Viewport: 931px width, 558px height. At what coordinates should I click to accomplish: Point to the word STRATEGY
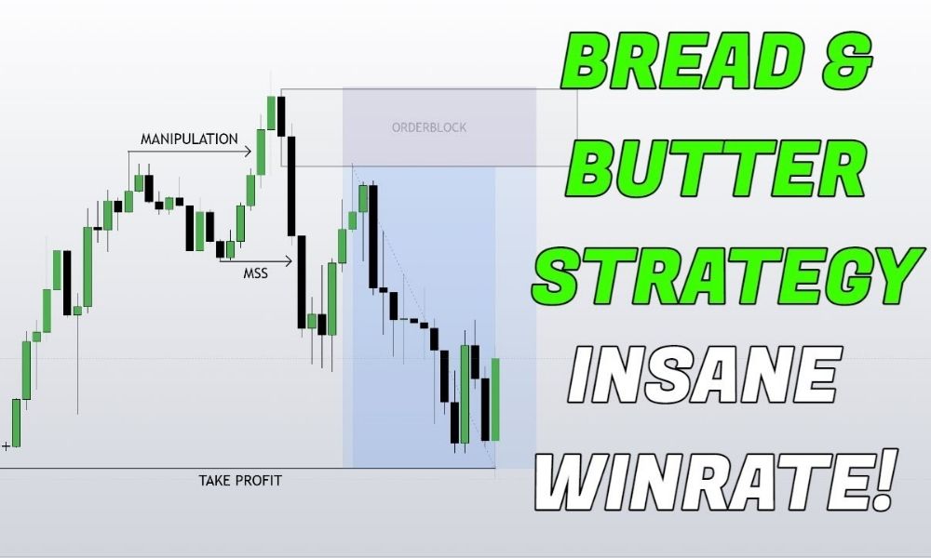pos(728,275)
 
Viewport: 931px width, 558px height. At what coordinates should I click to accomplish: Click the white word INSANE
pos(705,375)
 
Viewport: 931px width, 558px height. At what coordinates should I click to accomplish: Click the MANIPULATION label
pos(189,139)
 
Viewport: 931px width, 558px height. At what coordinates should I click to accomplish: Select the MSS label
pos(255,273)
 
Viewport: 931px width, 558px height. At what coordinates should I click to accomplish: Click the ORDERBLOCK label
pos(429,127)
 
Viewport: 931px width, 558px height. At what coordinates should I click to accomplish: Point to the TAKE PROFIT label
pos(240,480)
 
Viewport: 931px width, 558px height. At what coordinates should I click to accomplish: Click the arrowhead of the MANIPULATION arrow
pos(249,152)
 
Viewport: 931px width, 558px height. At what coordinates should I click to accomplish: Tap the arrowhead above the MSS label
pos(290,260)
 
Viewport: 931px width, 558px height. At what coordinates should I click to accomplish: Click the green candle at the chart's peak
pos(271,113)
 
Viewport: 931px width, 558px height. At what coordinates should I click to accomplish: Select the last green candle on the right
pos(495,400)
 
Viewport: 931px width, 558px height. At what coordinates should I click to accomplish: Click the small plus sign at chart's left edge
pos(6,445)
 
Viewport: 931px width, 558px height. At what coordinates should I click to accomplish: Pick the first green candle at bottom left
pos(16,423)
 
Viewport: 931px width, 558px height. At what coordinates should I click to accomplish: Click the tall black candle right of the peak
pos(290,186)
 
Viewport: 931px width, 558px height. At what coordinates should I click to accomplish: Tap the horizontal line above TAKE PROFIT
pos(248,469)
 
